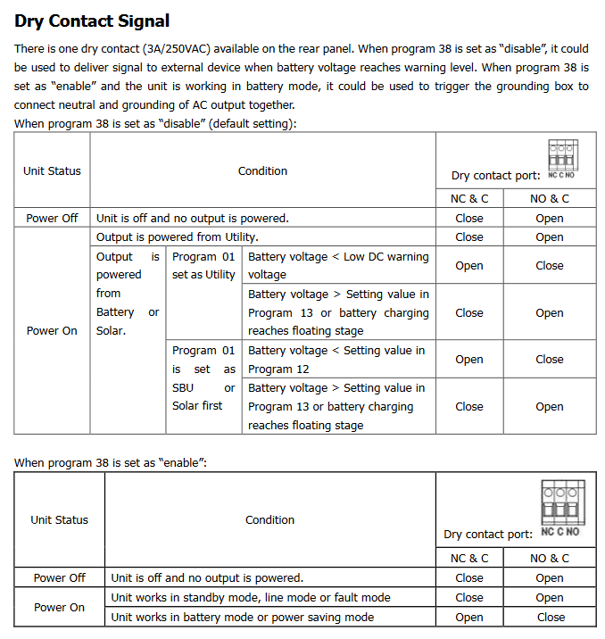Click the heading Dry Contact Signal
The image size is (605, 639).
point(92,21)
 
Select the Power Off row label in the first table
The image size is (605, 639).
point(52,218)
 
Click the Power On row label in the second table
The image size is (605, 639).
point(59,607)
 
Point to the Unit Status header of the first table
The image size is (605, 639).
point(52,170)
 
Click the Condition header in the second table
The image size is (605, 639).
point(269,519)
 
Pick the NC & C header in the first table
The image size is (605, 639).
point(469,198)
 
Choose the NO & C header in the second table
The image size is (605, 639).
point(550,558)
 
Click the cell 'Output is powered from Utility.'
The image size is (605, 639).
point(178,237)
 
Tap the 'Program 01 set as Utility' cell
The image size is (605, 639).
point(203,265)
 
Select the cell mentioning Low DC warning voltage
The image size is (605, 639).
point(337,265)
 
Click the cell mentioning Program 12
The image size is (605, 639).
point(337,360)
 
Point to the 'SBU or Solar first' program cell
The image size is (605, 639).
point(203,378)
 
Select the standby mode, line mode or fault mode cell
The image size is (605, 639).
point(251,597)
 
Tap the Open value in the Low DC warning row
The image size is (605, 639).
point(469,265)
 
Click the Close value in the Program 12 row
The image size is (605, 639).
point(550,360)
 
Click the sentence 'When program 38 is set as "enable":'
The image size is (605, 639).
point(111,462)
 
